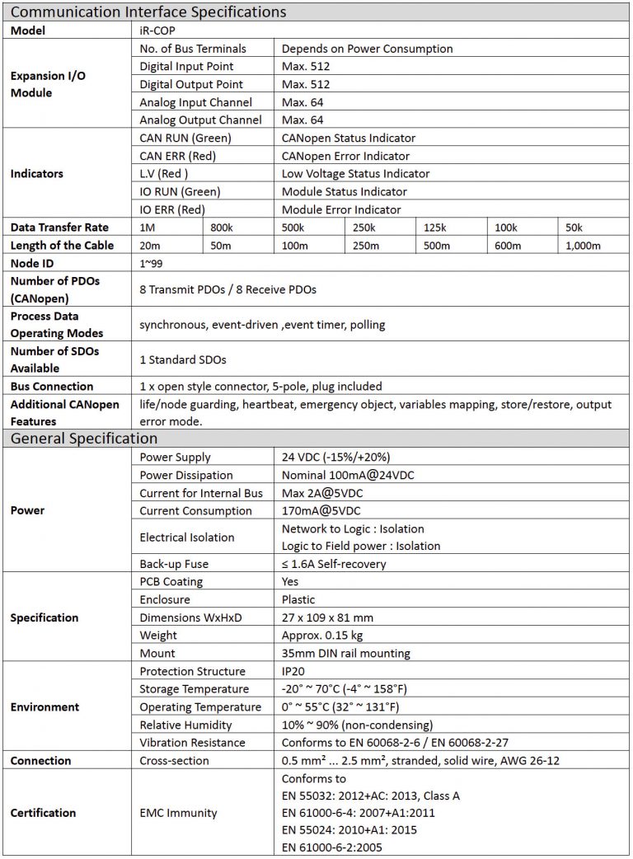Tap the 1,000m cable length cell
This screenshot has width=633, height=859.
coord(583,246)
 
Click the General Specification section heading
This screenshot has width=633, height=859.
coord(84,439)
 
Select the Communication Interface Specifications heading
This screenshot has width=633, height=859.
coord(148,12)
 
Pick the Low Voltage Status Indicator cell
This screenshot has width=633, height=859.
coord(355,174)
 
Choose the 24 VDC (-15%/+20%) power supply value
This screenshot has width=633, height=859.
coord(335,457)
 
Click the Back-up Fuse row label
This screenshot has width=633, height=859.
coord(174,564)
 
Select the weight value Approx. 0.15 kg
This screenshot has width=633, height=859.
coord(323,636)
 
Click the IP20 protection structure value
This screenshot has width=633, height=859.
coord(293,671)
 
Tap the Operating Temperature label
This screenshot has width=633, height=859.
coord(200,707)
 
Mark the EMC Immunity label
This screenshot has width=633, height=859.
coord(178,813)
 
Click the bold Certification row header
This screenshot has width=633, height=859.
coord(43,813)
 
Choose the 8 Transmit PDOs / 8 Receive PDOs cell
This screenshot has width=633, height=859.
coord(227,289)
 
